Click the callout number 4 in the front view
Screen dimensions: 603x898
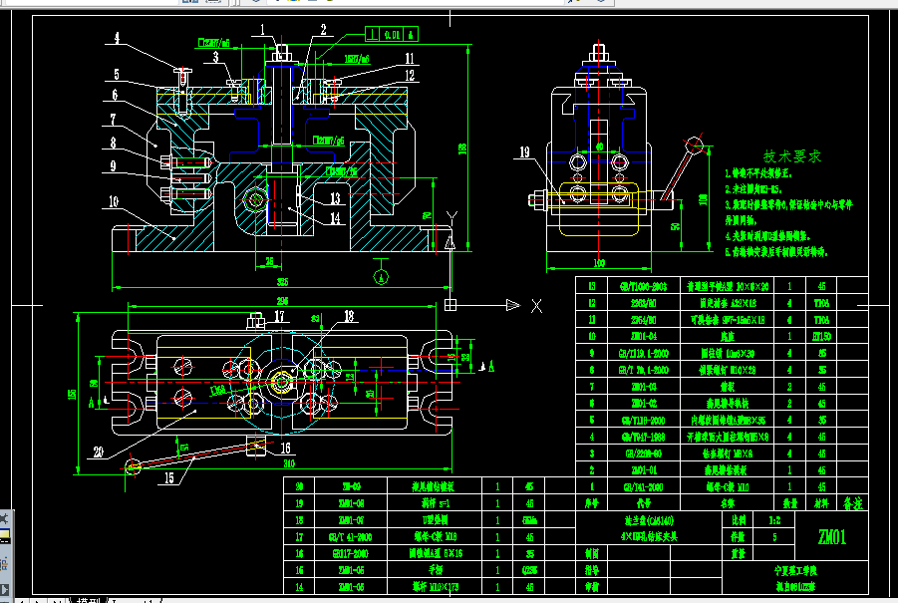[x=117, y=40]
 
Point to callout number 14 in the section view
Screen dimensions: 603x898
[x=336, y=216]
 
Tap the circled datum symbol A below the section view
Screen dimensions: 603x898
[x=380, y=271]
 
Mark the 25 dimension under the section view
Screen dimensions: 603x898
[x=269, y=261]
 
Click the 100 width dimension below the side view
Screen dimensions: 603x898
[x=600, y=264]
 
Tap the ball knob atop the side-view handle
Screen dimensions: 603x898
[x=692, y=143]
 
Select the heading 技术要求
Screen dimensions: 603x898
[x=792, y=156]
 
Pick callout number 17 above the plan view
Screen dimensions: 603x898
[x=280, y=317]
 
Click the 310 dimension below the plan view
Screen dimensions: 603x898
[x=289, y=463]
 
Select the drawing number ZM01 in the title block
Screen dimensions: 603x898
[x=832, y=538]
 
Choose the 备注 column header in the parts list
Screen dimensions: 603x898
[x=853, y=503]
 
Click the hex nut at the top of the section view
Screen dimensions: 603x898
[x=283, y=51]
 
